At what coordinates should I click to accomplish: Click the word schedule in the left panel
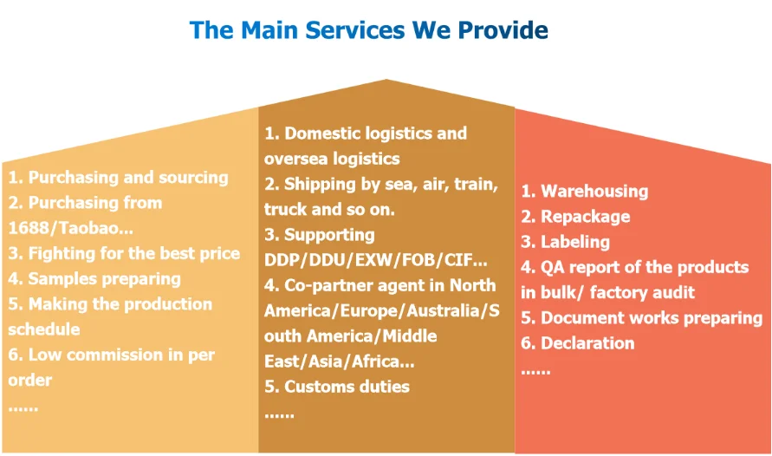(43, 329)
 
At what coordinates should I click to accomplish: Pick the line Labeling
(575, 242)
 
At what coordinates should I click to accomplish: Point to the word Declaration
(587, 343)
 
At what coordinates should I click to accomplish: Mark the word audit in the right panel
(673, 292)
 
